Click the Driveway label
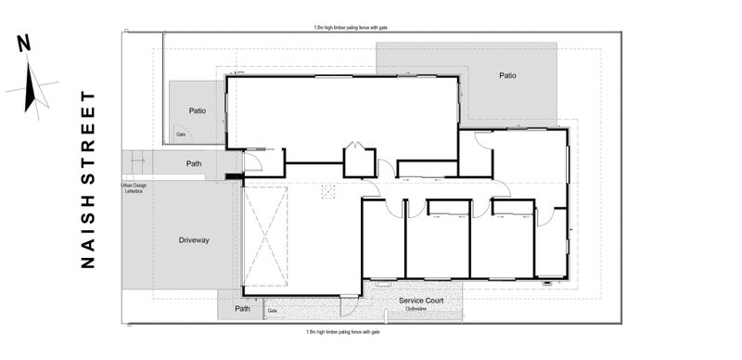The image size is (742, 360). coord(194,240)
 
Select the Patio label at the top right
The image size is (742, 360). coord(506,76)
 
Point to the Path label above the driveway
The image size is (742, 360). coord(194,164)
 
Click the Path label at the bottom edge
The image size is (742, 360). coord(242,309)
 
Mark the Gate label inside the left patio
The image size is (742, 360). coord(182,135)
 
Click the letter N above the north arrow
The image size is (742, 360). coord(24,43)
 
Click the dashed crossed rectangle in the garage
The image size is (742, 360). coord(265,237)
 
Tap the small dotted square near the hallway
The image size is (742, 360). coord(326,190)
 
